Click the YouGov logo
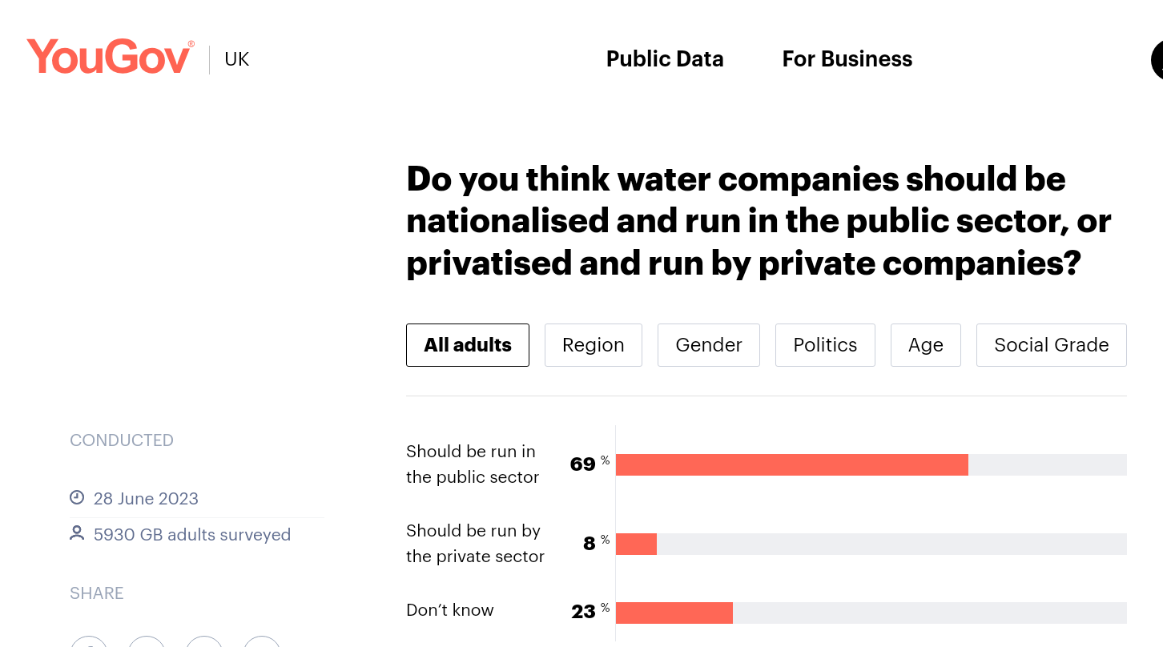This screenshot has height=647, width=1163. pyautogui.click(x=110, y=58)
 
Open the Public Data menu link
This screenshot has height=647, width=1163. pyautogui.click(x=665, y=59)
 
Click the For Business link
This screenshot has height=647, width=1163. pyautogui.click(x=847, y=59)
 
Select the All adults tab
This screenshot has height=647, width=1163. pyautogui.click(x=468, y=345)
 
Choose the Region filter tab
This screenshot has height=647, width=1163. pyautogui.click(x=593, y=345)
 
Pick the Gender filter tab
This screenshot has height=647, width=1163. pyautogui.click(x=708, y=345)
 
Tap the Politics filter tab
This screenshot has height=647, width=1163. pyautogui.click(x=825, y=345)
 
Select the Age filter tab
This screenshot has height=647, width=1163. pyautogui.click(x=925, y=345)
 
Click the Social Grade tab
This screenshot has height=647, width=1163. pyautogui.click(x=1051, y=345)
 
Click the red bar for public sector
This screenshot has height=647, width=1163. pyautogui.click(x=791, y=465)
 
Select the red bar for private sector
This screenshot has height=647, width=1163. pyautogui.click(x=636, y=545)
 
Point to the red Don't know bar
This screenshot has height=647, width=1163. pyautogui.click(x=674, y=613)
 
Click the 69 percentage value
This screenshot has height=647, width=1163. pyautogui.click(x=583, y=464)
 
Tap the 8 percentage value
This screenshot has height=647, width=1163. pyautogui.click(x=590, y=544)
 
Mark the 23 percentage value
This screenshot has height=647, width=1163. pyautogui.click(x=583, y=612)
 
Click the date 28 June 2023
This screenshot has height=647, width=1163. pyautogui.click(x=146, y=499)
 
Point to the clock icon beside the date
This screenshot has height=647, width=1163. pyautogui.click(x=77, y=498)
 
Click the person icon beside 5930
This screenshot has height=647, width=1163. pyautogui.click(x=77, y=533)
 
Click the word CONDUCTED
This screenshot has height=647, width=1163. pyautogui.click(x=122, y=440)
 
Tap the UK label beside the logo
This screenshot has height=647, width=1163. pyautogui.click(x=237, y=59)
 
